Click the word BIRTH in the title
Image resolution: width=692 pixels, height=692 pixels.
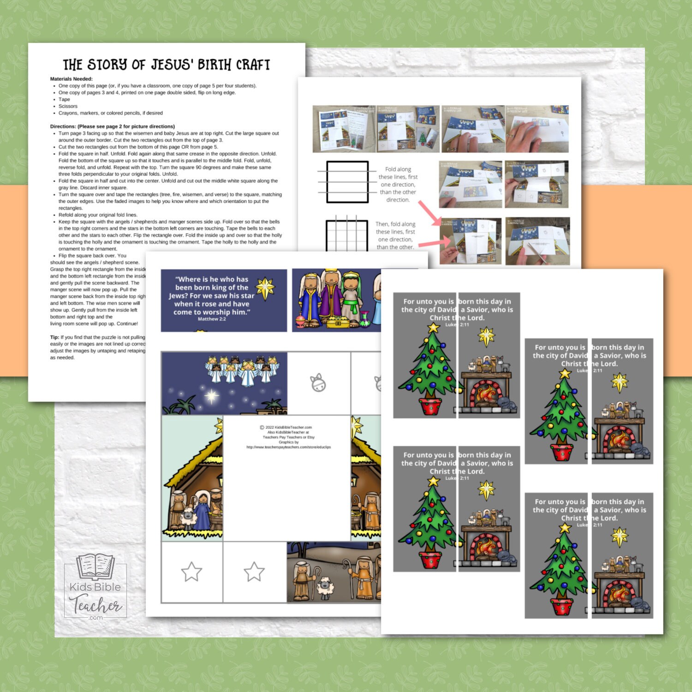[x=215, y=65]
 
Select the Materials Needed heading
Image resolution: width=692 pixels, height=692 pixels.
[x=72, y=79]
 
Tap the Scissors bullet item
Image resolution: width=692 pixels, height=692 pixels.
[x=68, y=106]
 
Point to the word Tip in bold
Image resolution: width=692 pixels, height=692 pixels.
[x=54, y=337]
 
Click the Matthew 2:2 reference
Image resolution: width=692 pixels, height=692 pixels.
[x=212, y=319]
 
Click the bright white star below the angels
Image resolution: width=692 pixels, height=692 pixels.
[x=212, y=395]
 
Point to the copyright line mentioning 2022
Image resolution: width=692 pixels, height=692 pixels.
[x=286, y=427]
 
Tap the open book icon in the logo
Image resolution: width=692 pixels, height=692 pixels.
[x=95, y=567]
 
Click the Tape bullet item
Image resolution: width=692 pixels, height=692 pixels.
[x=64, y=99]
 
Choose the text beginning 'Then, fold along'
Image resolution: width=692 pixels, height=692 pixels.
[x=395, y=224]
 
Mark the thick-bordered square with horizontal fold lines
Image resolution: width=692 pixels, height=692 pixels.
[x=347, y=182]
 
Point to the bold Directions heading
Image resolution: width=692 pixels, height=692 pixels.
[x=63, y=126]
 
